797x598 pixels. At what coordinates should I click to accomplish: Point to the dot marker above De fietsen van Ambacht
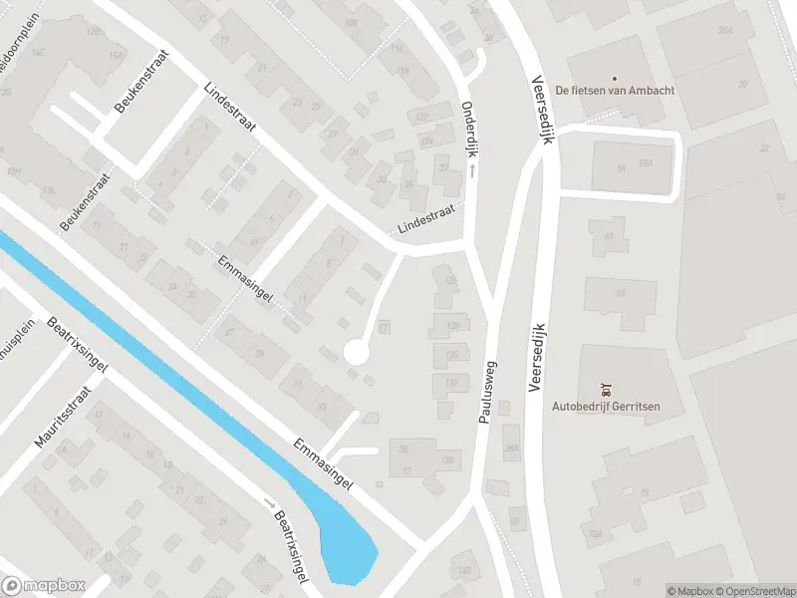tap(614, 79)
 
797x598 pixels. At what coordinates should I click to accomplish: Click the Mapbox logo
tap(44, 586)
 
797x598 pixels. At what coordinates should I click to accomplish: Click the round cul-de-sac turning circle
tap(356, 351)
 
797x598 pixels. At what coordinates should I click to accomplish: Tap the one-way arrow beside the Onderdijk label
tap(472, 171)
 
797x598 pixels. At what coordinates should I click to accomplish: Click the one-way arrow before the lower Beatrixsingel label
tap(268, 504)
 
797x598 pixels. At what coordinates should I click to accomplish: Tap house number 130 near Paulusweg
tap(451, 355)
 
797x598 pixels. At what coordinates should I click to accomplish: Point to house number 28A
tap(512, 448)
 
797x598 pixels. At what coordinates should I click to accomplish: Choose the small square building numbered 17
tap(385, 325)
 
